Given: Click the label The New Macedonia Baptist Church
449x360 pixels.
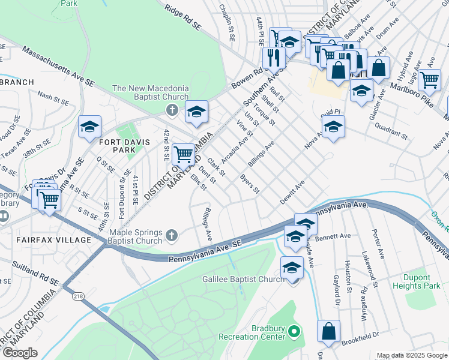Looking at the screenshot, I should pyautogui.click(x=151, y=93).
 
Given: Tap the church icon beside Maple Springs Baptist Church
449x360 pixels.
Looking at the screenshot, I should pyautogui.click(x=172, y=235).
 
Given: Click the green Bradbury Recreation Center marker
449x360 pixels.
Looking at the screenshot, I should pyautogui.click(x=294, y=331).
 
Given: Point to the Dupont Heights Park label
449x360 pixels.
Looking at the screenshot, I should pyautogui.click(x=426, y=282).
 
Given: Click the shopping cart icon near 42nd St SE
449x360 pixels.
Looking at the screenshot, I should pyautogui.click(x=183, y=154).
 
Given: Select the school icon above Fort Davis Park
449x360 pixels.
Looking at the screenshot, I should pyautogui.click(x=89, y=127).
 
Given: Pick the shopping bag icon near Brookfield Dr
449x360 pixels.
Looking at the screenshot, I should pyautogui.click(x=329, y=331).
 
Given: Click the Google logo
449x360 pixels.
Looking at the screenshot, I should pyautogui.click(x=20, y=353).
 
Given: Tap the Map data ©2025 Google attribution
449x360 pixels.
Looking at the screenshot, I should pyautogui.click(x=411, y=355).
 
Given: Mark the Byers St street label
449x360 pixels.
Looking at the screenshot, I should pyautogui.click(x=250, y=184).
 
